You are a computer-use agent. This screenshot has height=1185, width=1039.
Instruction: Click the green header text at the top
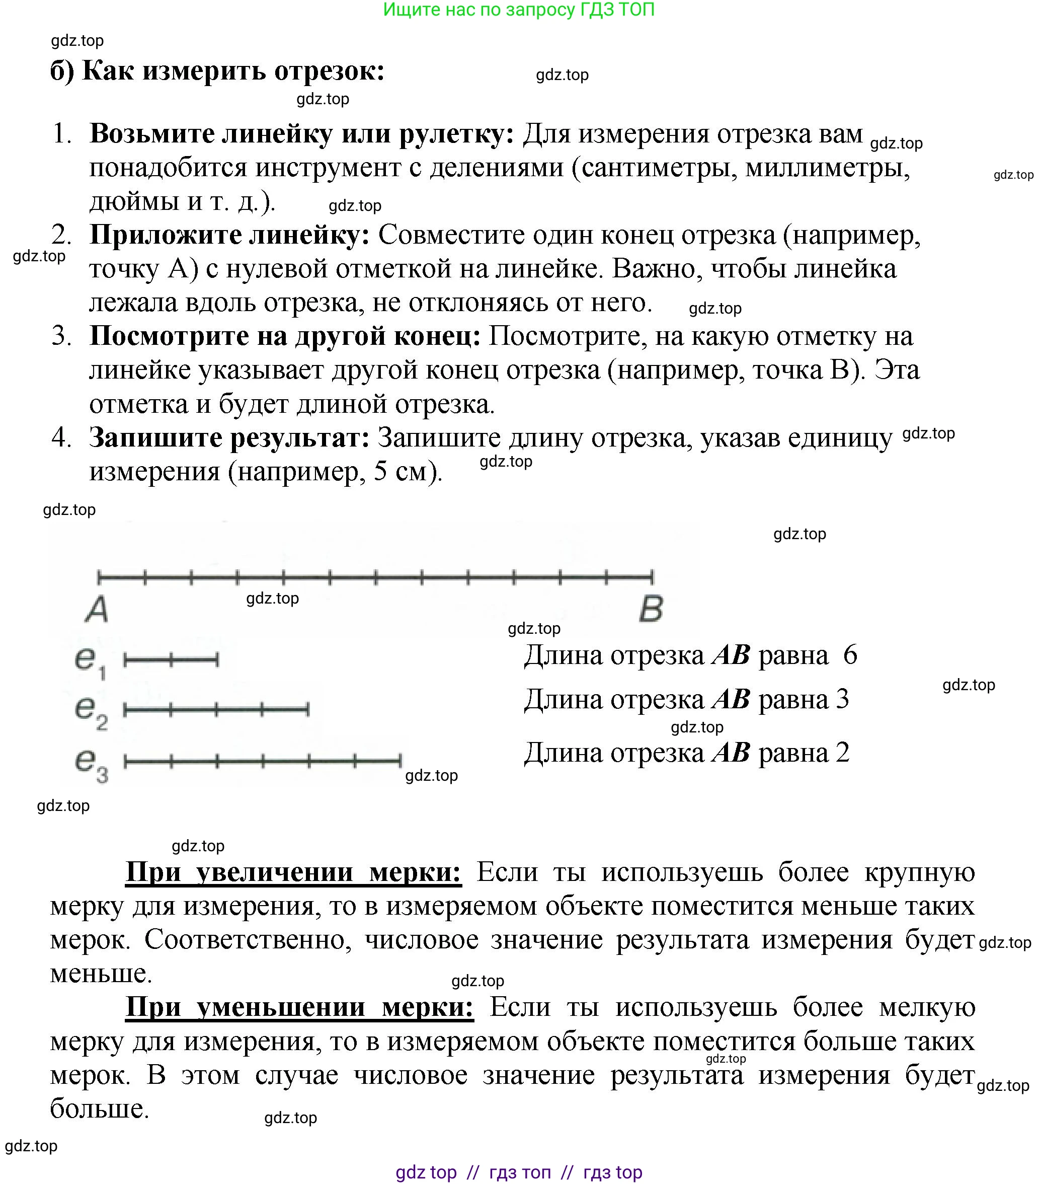519,10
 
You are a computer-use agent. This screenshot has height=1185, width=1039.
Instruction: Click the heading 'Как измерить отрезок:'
233,71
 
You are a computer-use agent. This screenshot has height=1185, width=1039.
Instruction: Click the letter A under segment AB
97,609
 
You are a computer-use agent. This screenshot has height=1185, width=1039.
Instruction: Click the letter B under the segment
651,609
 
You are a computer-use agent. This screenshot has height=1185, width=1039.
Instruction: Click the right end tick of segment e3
400,760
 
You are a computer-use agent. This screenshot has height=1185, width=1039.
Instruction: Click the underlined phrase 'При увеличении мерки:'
293,872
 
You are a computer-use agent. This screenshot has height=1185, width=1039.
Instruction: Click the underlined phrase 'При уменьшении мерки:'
299,1007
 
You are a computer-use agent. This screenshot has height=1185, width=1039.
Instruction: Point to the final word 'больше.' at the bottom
100,1108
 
